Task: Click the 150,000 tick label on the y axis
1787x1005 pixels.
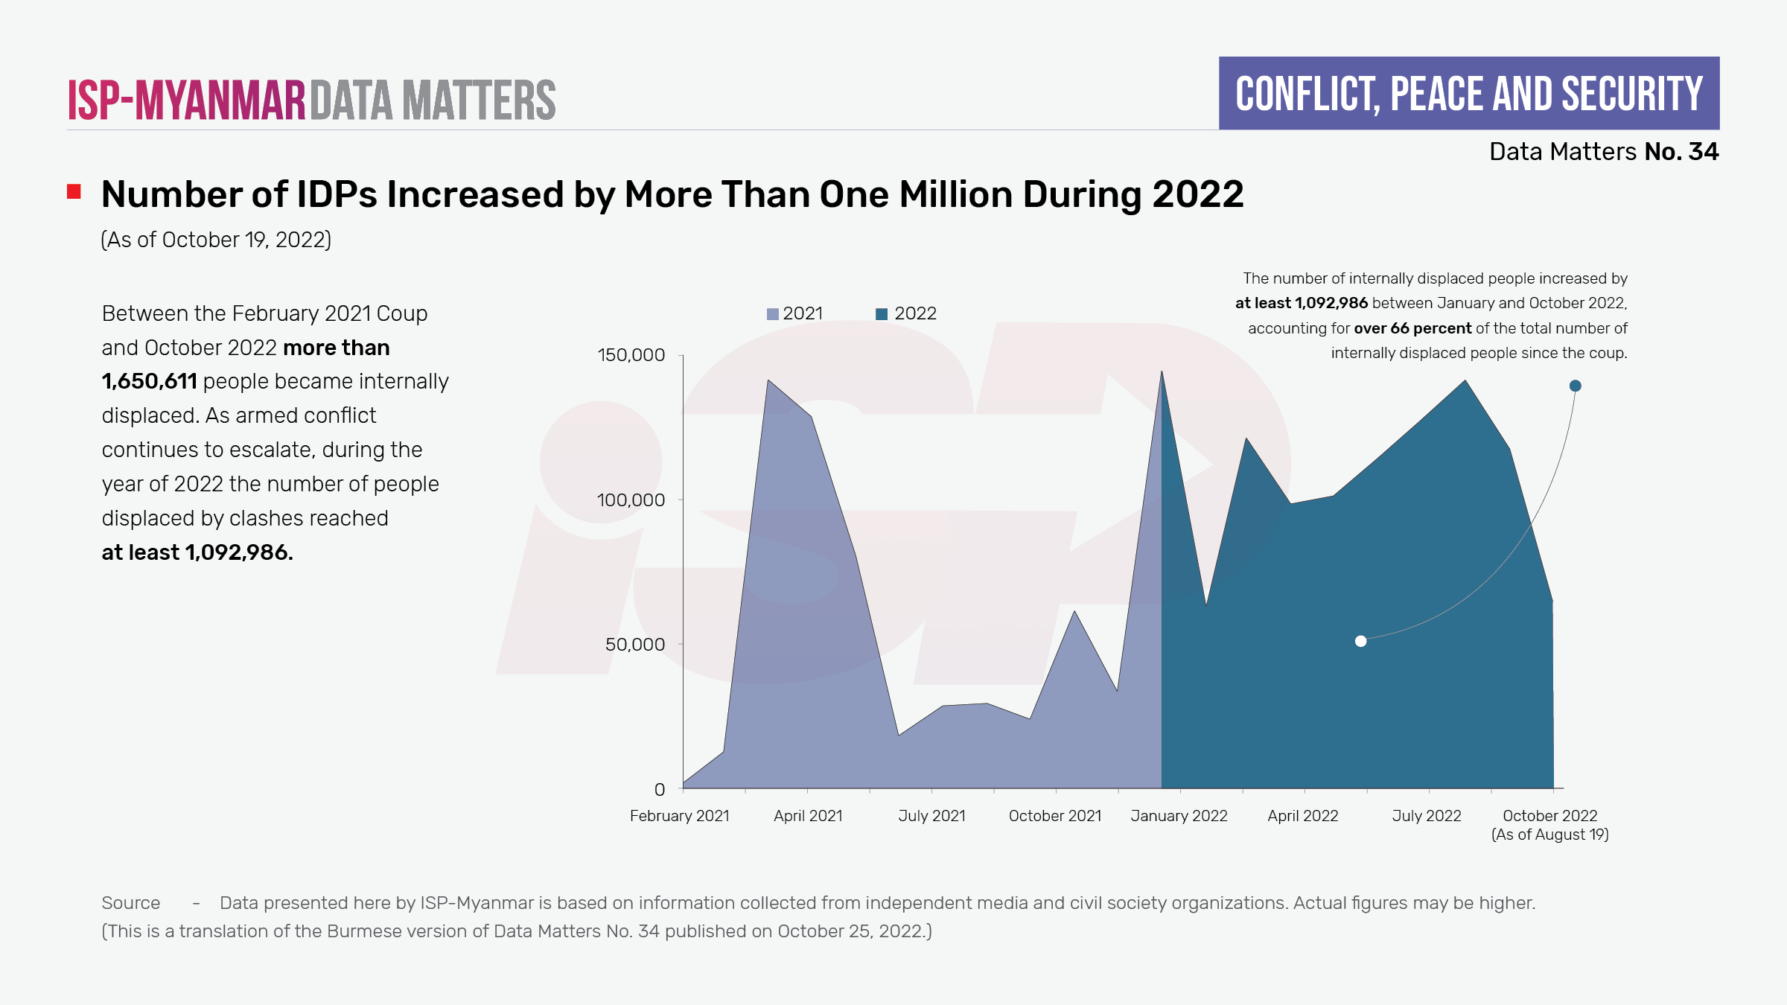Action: click(631, 355)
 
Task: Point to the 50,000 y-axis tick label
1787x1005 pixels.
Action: click(634, 645)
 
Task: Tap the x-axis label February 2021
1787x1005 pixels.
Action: click(679, 816)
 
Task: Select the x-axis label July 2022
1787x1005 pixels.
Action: click(1427, 816)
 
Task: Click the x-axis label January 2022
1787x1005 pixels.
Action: click(1179, 816)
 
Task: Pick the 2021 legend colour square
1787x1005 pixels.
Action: click(773, 314)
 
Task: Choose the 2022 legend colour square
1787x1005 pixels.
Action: click(882, 314)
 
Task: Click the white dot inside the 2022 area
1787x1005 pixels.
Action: click(1360, 641)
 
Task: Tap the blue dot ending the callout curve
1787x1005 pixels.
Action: click(1575, 386)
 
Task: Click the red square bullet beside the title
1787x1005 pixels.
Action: click(74, 192)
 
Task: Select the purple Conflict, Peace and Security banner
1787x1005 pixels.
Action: click(1468, 94)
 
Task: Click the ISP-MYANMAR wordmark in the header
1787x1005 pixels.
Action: click(186, 100)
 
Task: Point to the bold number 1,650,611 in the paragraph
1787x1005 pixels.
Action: click(149, 381)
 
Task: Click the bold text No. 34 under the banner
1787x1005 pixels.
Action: click(1681, 152)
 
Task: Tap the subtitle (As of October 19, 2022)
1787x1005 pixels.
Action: click(216, 240)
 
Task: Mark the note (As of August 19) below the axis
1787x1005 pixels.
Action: click(1549, 835)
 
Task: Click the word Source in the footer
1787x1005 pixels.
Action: click(131, 903)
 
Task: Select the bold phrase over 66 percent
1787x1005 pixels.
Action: click(1412, 328)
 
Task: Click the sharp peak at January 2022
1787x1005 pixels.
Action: click(1162, 372)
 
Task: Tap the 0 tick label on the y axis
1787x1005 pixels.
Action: click(660, 789)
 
